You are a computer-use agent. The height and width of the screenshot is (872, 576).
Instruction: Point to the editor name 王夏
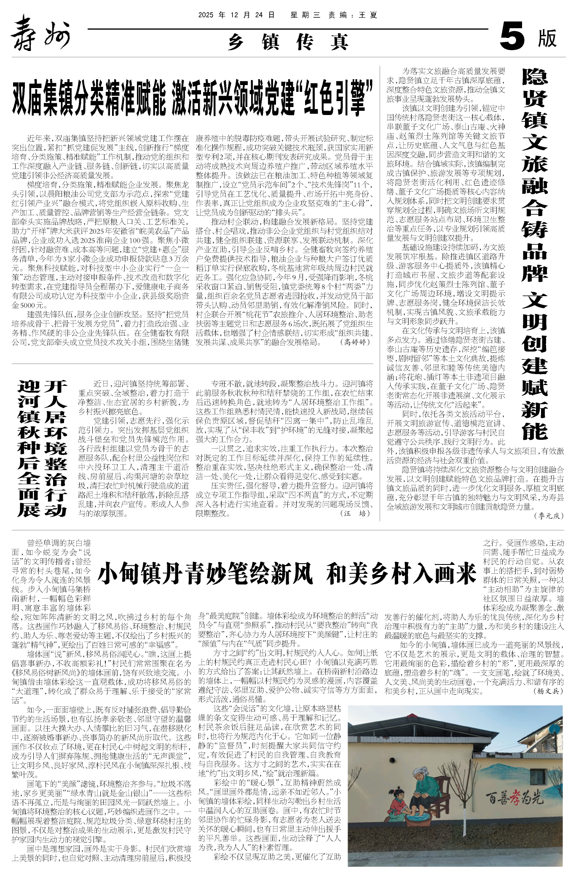pos(367,15)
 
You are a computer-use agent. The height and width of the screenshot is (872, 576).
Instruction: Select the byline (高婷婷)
pos(356,342)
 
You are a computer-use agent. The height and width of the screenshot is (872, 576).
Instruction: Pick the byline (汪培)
pos(356,514)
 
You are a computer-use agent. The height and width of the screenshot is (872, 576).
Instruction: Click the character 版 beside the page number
pos(547,38)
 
